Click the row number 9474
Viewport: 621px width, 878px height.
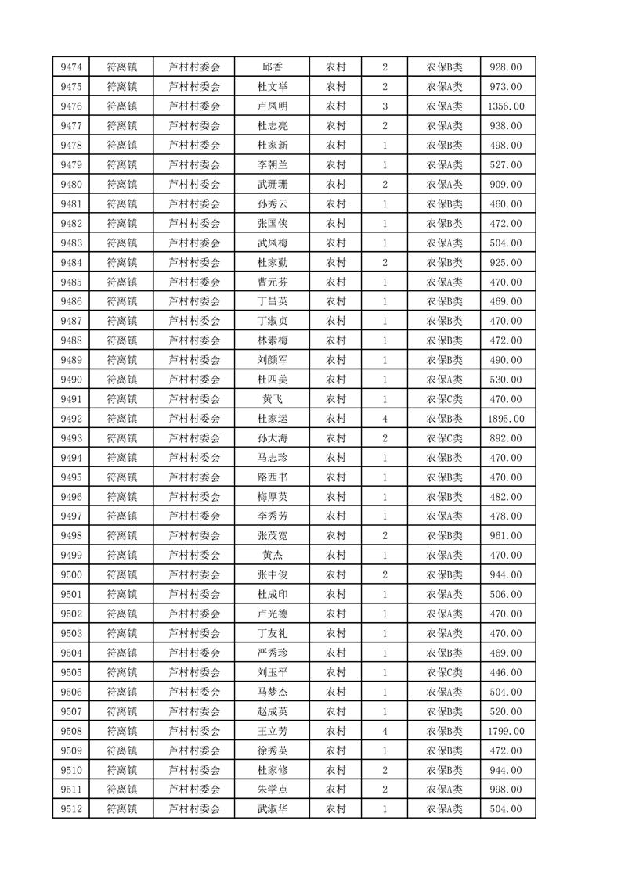[71, 67]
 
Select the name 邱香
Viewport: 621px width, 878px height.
[272, 67]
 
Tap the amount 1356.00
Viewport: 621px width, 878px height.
[505, 106]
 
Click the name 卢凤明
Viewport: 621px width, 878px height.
[272, 106]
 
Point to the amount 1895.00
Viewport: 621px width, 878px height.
[505, 419]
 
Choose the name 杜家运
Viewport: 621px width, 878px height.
[272, 419]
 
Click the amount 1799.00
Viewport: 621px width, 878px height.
[505, 731]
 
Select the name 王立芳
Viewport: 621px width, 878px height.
[272, 731]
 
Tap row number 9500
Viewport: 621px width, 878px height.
[71, 574]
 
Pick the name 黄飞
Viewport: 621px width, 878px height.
[272, 399]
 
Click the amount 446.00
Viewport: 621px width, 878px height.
[505, 672]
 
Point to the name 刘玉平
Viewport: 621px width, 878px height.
[272, 672]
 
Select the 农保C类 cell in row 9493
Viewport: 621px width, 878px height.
[444, 438]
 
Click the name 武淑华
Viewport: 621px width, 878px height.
[272, 809]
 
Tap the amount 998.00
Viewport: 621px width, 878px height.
[505, 790]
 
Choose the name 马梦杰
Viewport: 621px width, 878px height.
[272, 692]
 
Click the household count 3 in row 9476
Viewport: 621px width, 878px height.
[385, 106]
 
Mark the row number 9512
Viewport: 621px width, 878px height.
[71, 809]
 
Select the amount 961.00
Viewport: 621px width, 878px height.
[505, 536]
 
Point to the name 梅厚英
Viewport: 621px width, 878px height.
[272, 497]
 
